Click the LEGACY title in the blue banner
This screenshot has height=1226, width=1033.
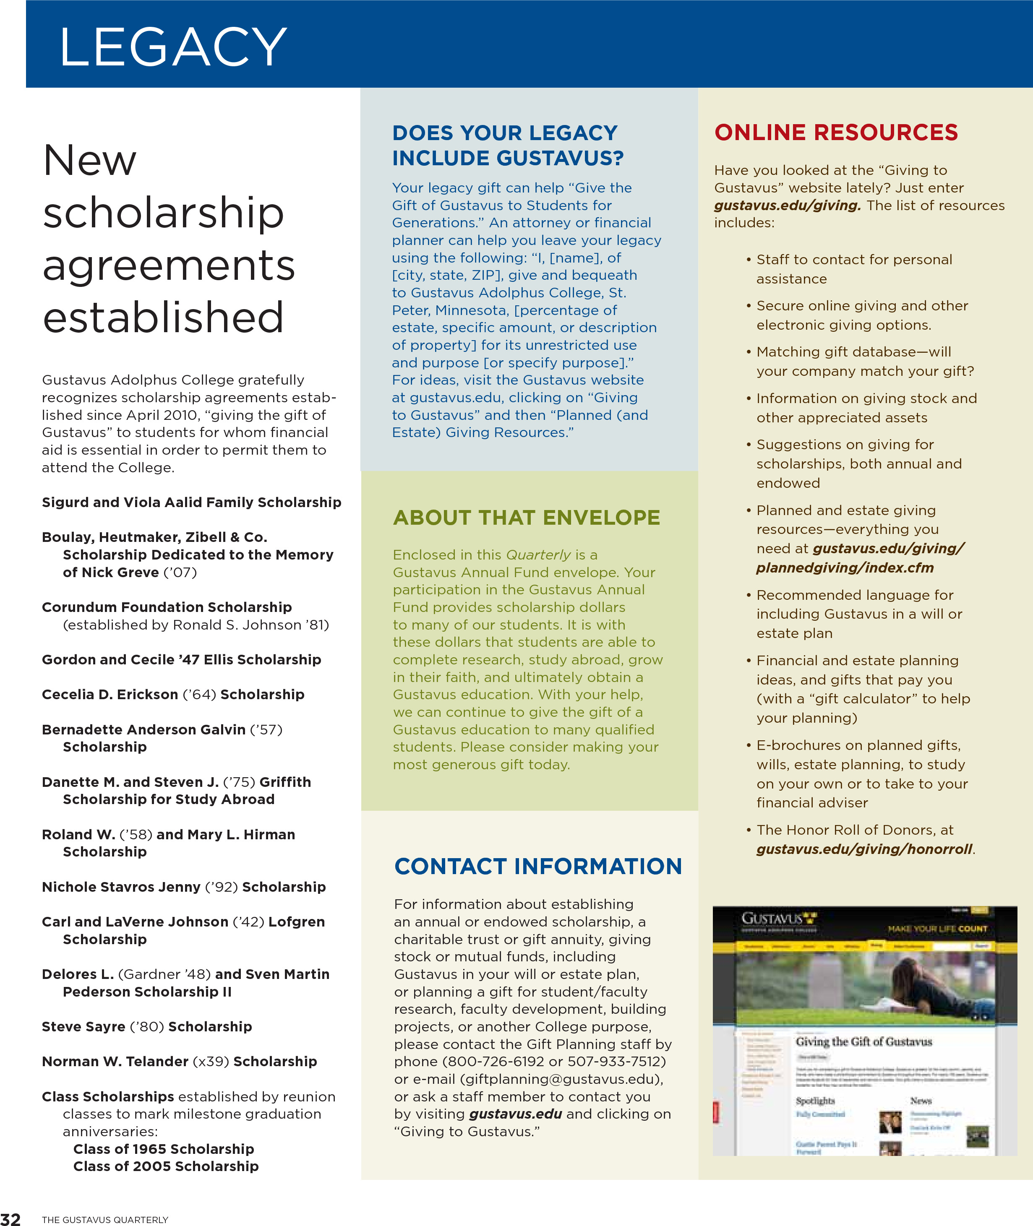click(x=173, y=47)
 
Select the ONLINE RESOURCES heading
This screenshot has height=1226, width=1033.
click(x=836, y=132)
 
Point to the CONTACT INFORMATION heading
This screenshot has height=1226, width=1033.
click(x=537, y=866)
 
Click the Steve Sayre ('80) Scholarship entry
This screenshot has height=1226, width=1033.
click(x=146, y=1026)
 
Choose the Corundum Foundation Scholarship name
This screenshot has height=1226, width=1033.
click(x=166, y=607)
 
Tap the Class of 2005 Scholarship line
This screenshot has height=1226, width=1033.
click(x=166, y=1166)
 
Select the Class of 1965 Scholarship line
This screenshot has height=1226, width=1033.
click(x=163, y=1149)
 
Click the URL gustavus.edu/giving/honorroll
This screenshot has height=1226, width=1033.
click(x=864, y=849)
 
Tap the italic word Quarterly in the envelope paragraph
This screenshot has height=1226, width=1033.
click(x=537, y=554)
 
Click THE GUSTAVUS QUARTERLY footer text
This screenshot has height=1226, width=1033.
click(x=105, y=1220)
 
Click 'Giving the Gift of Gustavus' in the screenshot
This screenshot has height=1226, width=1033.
click(x=863, y=1041)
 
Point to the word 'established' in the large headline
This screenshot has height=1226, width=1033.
click(x=163, y=318)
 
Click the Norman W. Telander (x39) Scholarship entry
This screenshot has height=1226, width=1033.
click(x=179, y=1062)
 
